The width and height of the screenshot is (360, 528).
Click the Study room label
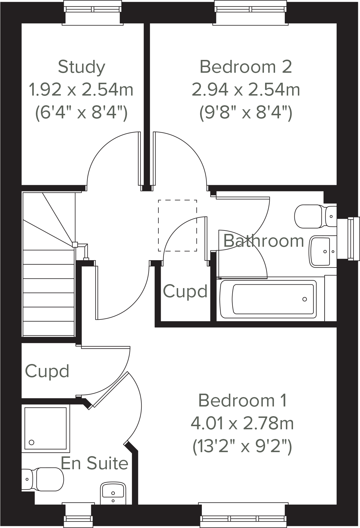(x=82, y=67)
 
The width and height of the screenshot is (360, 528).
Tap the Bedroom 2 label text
(x=246, y=67)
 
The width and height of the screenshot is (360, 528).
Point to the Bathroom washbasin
(x=322, y=251)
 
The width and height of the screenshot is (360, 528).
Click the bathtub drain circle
(x=304, y=299)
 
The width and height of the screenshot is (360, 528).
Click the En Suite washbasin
(x=113, y=493)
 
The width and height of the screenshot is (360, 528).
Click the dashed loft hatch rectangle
(x=177, y=225)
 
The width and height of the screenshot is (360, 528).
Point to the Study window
(x=93, y=10)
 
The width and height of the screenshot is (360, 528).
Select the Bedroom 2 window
(x=250, y=10)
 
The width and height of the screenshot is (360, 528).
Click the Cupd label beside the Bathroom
(x=185, y=292)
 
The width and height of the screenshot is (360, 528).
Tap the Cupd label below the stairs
(x=47, y=371)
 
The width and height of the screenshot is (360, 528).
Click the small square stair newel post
(x=75, y=244)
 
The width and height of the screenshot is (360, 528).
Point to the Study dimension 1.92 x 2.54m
(x=81, y=90)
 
